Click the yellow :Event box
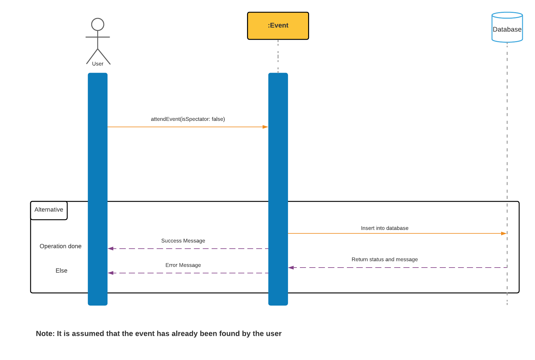278,26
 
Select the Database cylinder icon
507,27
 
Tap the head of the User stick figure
98,24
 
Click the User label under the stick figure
98,64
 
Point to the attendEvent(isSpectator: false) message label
188,119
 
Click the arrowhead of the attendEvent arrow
265,127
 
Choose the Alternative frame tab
49,210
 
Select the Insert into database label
384,228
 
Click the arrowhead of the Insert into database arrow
504,233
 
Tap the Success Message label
183,241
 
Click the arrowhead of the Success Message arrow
111,249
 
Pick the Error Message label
183,265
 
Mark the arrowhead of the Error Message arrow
111,273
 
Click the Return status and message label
384,259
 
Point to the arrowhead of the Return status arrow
291,268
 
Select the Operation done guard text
60,246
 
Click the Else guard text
61,271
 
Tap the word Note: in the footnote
45,333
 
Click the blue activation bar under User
98,189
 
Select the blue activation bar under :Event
278,189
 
